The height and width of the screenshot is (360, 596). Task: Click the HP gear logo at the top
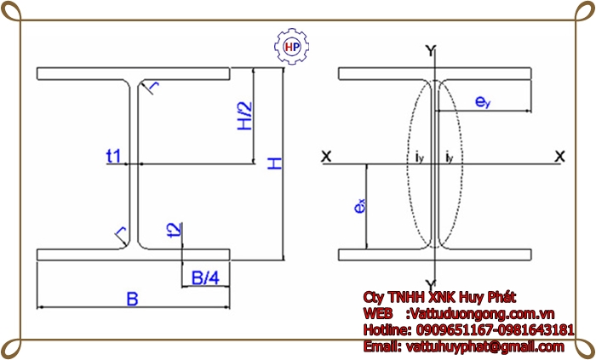click(291, 48)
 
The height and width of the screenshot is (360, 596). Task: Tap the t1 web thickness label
click(113, 156)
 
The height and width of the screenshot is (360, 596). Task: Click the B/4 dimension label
click(204, 277)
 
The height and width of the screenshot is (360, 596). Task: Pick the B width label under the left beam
click(132, 299)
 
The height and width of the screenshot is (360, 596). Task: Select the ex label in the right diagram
click(361, 207)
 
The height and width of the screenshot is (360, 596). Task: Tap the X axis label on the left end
click(325, 157)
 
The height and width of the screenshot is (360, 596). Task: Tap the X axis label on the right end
click(559, 157)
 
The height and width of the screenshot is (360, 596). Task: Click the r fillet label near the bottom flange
click(121, 231)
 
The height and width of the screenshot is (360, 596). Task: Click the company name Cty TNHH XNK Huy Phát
click(439, 296)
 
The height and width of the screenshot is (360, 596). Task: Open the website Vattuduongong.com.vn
click(482, 313)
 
